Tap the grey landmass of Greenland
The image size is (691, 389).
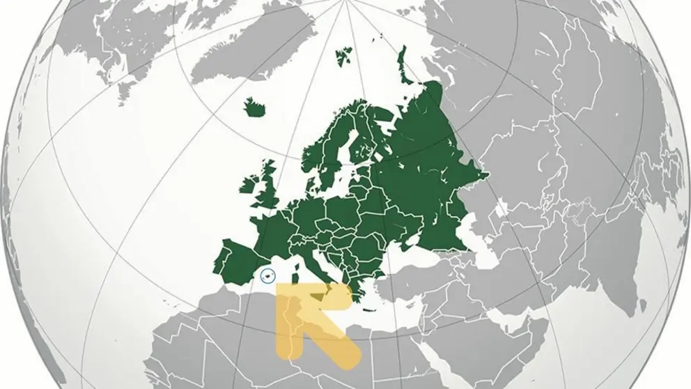[x=139, y=42]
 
